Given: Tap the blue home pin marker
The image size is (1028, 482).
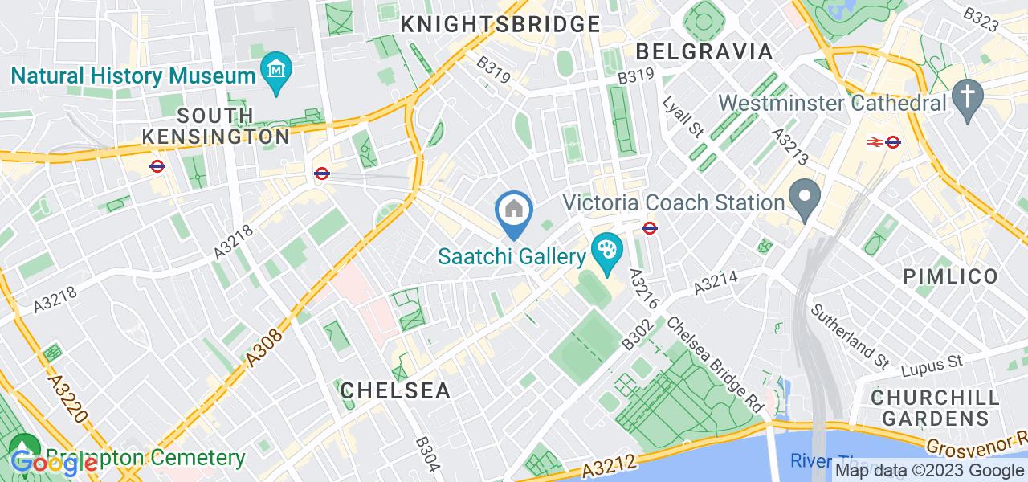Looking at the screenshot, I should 513,211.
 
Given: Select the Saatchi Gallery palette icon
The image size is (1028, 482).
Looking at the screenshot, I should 606,247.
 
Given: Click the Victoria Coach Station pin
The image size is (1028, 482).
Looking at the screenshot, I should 804,196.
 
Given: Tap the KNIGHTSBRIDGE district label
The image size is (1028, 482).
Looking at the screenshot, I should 500,24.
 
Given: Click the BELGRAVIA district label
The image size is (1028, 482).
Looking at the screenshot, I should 704,51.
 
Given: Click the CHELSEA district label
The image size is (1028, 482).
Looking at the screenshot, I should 394,390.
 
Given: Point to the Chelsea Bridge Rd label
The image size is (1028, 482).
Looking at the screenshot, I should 714,363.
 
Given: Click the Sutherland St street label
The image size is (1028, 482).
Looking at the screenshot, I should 847,333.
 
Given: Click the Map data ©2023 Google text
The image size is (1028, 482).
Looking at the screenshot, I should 929,471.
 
